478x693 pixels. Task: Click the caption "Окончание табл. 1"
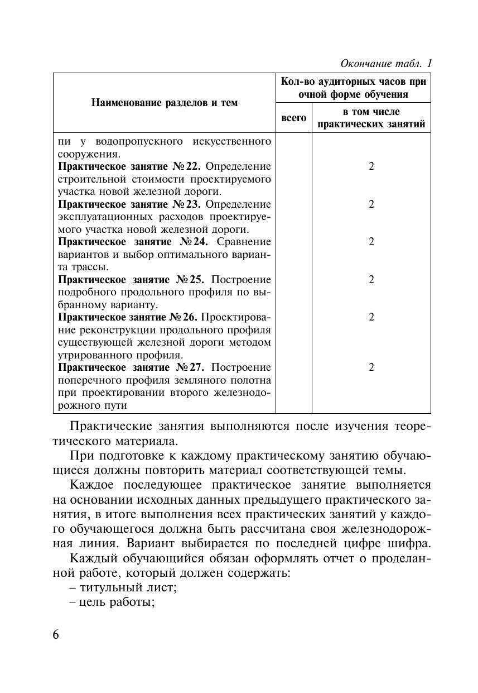[x=386, y=63]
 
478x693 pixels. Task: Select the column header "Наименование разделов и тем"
[x=165, y=103]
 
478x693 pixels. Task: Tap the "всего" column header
[x=293, y=118]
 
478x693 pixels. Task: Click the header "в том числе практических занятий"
[x=371, y=118]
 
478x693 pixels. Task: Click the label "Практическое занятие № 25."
[x=131, y=279]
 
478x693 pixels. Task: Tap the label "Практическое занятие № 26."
[x=128, y=317]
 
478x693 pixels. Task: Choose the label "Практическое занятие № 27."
[x=131, y=367]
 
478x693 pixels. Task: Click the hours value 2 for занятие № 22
[x=371, y=166]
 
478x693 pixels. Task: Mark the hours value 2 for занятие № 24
[x=371, y=242]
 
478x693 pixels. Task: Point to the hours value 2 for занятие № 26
[x=371, y=317]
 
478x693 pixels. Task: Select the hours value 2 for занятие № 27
[x=371, y=367]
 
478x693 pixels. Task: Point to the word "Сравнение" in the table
[x=243, y=242]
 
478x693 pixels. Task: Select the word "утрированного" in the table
[x=89, y=355]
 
